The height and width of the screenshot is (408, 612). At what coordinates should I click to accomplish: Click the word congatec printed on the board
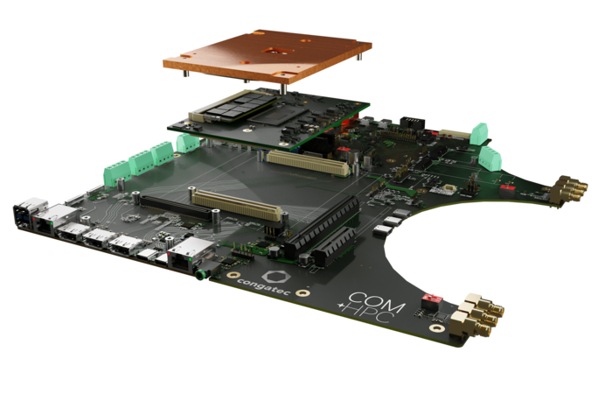[263, 286]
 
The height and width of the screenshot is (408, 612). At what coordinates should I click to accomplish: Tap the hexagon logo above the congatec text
[276, 277]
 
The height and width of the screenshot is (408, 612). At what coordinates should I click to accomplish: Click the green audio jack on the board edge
[200, 275]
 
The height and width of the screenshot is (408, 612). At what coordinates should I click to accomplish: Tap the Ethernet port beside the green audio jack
[190, 253]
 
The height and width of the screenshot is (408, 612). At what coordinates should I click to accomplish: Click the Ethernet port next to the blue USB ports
[54, 220]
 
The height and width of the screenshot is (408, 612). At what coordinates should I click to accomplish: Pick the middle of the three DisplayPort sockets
[98, 238]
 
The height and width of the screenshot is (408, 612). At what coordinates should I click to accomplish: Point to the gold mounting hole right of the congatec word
[303, 292]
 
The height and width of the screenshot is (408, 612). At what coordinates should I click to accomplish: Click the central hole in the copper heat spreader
[274, 51]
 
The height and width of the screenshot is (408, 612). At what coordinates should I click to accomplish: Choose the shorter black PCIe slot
[335, 245]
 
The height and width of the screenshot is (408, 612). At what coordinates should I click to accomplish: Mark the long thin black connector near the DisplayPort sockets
[176, 208]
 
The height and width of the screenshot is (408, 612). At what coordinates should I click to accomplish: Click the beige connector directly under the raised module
[308, 163]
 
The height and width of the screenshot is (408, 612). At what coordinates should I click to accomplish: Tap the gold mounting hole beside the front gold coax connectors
[437, 327]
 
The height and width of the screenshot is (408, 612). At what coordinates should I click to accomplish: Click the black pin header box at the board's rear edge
[412, 123]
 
